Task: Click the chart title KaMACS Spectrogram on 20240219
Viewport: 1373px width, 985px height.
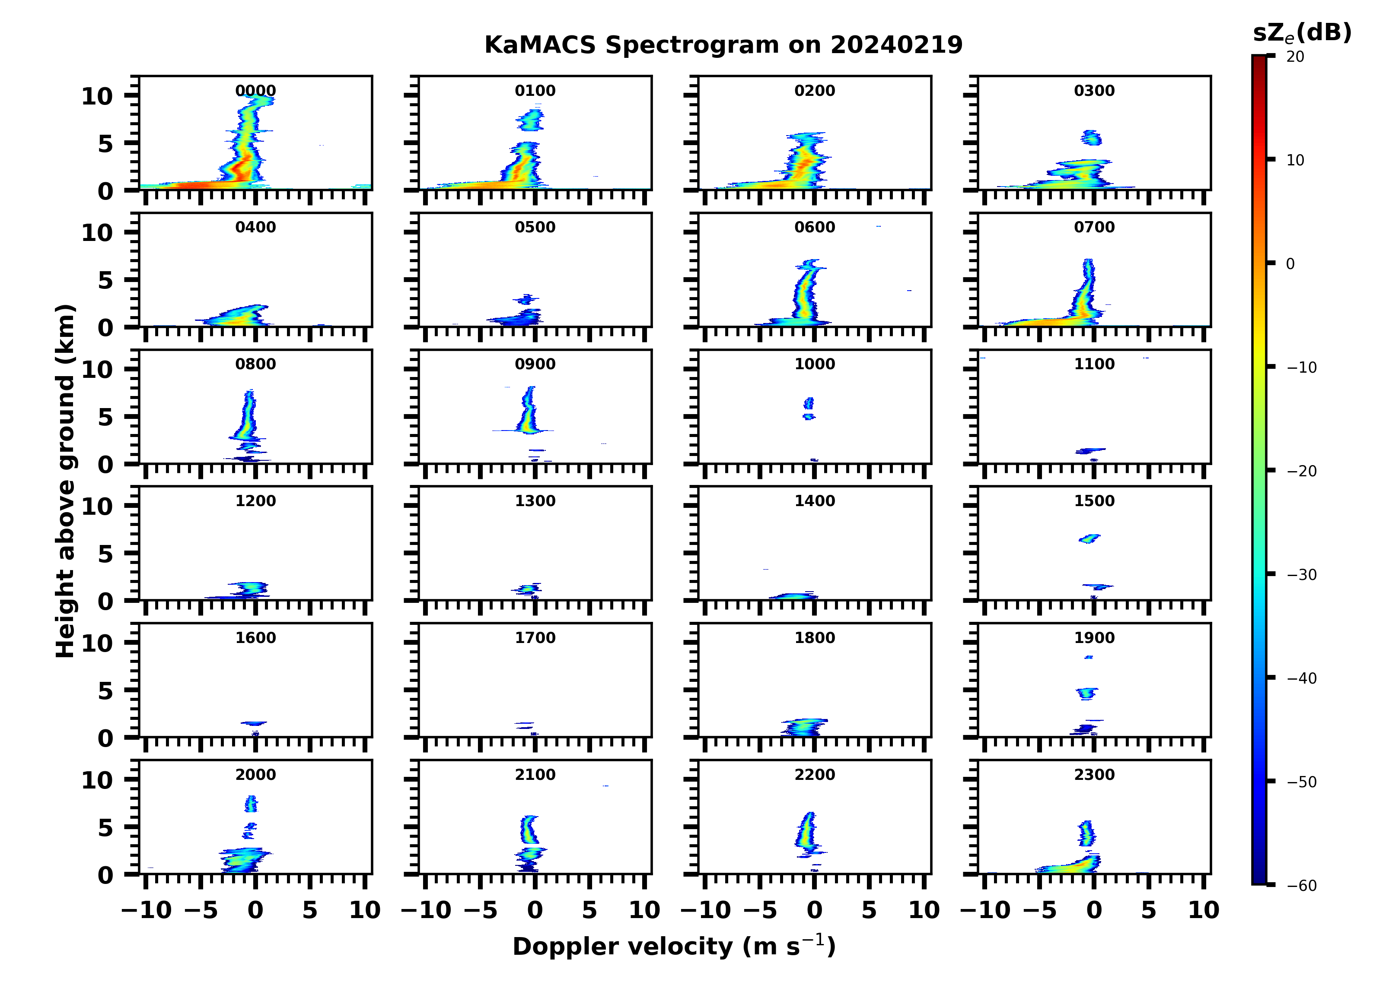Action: (723, 45)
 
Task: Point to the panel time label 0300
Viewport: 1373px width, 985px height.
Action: (1094, 91)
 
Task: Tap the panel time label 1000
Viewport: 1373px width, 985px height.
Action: (814, 364)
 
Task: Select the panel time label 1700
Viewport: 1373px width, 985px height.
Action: (535, 638)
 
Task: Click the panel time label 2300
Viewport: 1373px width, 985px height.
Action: (1094, 774)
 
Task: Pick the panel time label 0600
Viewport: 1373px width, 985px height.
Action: (814, 228)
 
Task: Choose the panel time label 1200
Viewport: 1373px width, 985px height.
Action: (255, 501)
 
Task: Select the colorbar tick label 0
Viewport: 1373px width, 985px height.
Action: (1290, 264)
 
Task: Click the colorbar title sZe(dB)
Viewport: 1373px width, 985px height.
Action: (1302, 33)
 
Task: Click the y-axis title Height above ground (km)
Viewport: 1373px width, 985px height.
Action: (65, 481)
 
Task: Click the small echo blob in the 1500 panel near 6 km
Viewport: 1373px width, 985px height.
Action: (1089, 538)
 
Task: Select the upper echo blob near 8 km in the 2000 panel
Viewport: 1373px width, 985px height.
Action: (251, 804)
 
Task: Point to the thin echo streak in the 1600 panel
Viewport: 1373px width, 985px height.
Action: (254, 723)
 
